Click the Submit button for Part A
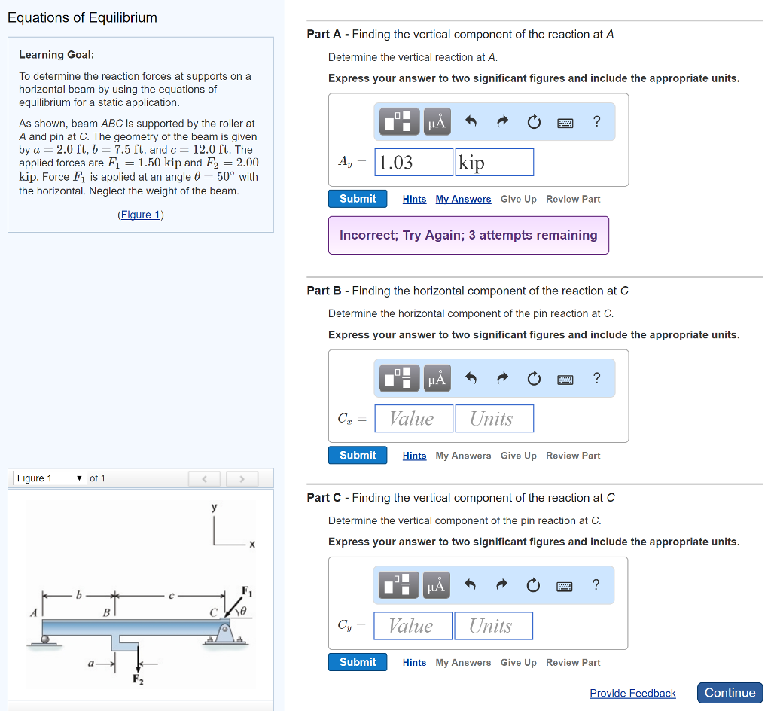pyautogui.click(x=358, y=199)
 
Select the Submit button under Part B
pyautogui.click(x=358, y=455)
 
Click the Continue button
pyautogui.click(x=730, y=693)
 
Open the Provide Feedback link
pyautogui.click(x=632, y=693)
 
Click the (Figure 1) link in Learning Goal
pyautogui.click(x=141, y=215)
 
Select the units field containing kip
pyautogui.click(x=494, y=162)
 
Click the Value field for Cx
pyautogui.click(x=413, y=418)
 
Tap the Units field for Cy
pyautogui.click(x=493, y=626)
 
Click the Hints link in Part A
pyautogui.click(x=414, y=199)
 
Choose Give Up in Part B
pyautogui.click(x=518, y=456)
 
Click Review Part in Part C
pyautogui.click(x=573, y=663)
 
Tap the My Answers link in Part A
pyautogui.click(x=463, y=199)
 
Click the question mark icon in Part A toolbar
pyautogui.click(x=597, y=121)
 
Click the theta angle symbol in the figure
pyautogui.click(x=245, y=611)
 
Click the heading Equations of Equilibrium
pyautogui.click(x=82, y=17)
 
